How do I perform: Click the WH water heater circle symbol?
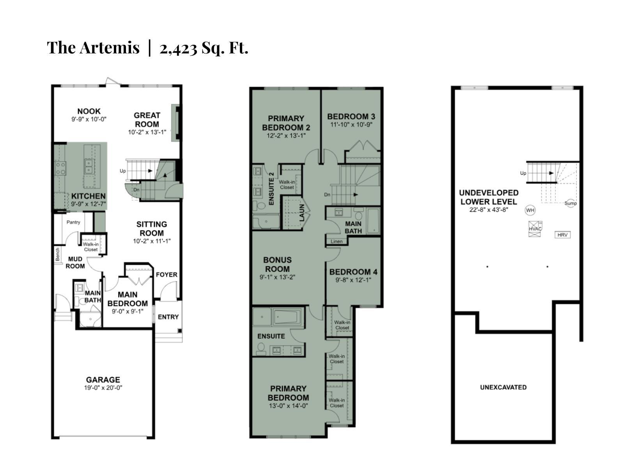click(530, 210)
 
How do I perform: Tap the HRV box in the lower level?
click(562, 235)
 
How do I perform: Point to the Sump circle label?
click(571, 203)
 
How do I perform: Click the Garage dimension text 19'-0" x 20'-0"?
click(103, 388)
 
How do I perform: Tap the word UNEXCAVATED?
click(503, 387)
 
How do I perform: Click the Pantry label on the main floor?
click(73, 222)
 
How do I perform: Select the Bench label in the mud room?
click(58, 254)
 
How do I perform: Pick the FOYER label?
click(167, 275)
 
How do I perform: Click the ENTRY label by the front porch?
click(168, 317)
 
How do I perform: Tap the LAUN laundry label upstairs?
click(302, 213)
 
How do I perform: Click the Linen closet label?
click(337, 241)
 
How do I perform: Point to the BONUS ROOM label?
click(277, 264)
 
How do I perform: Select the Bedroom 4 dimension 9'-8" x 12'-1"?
click(353, 280)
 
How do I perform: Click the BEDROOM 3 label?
click(351, 116)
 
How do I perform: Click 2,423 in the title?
click(178, 48)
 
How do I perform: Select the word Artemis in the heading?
click(110, 48)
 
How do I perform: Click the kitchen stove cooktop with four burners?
click(60, 168)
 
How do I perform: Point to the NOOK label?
click(89, 111)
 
